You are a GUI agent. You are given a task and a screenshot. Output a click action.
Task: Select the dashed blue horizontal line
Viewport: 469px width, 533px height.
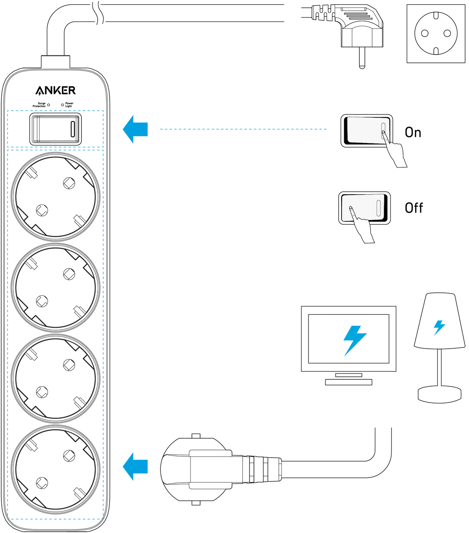tap(243, 129)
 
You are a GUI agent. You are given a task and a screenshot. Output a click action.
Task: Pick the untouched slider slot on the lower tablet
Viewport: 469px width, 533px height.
tap(379, 208)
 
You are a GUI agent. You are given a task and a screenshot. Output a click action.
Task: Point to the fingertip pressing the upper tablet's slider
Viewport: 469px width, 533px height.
tap(383, 133)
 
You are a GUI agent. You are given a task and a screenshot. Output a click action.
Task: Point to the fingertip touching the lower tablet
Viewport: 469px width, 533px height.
tap(351, 208)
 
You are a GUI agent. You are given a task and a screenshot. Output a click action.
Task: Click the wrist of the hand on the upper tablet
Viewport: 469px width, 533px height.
tap(401, 163)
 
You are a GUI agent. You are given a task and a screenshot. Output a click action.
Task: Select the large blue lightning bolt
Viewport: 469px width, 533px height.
tap(355, 340)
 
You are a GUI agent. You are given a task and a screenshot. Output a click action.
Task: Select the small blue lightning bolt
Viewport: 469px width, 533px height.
tap(439, 328)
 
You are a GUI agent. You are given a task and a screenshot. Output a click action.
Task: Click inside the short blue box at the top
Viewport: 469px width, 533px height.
tap(55, 128)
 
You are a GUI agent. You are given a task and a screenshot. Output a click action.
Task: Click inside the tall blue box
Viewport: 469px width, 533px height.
tap(55, 332)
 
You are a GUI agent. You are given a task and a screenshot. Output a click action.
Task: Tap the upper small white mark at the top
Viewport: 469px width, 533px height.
tap(95, 5)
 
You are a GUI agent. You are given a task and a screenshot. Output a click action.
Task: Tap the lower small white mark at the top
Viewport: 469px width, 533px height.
tap(100, 22)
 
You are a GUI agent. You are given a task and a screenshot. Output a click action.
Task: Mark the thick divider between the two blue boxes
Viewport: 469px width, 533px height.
tap(55, 149)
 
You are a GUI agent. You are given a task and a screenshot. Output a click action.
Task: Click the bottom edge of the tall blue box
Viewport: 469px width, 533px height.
tap(55, 518)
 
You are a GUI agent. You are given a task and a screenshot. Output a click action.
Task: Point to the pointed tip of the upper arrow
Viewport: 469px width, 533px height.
tap(123, 129)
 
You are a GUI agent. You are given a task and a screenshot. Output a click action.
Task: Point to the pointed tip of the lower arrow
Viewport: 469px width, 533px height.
tap(123, 466)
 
